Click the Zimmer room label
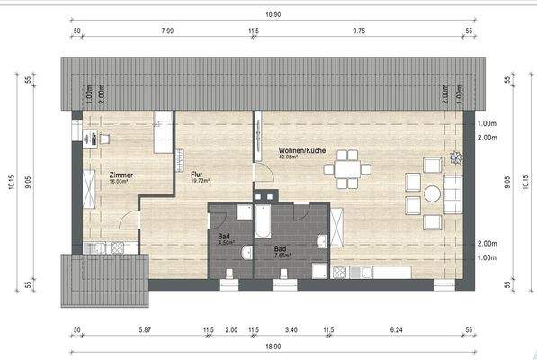point(121,175)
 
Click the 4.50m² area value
point(227,242)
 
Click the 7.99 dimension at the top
point(166,31)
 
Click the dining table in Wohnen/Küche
point(345,168)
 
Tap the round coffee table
point(433,193)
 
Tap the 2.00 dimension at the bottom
point(232,329)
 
